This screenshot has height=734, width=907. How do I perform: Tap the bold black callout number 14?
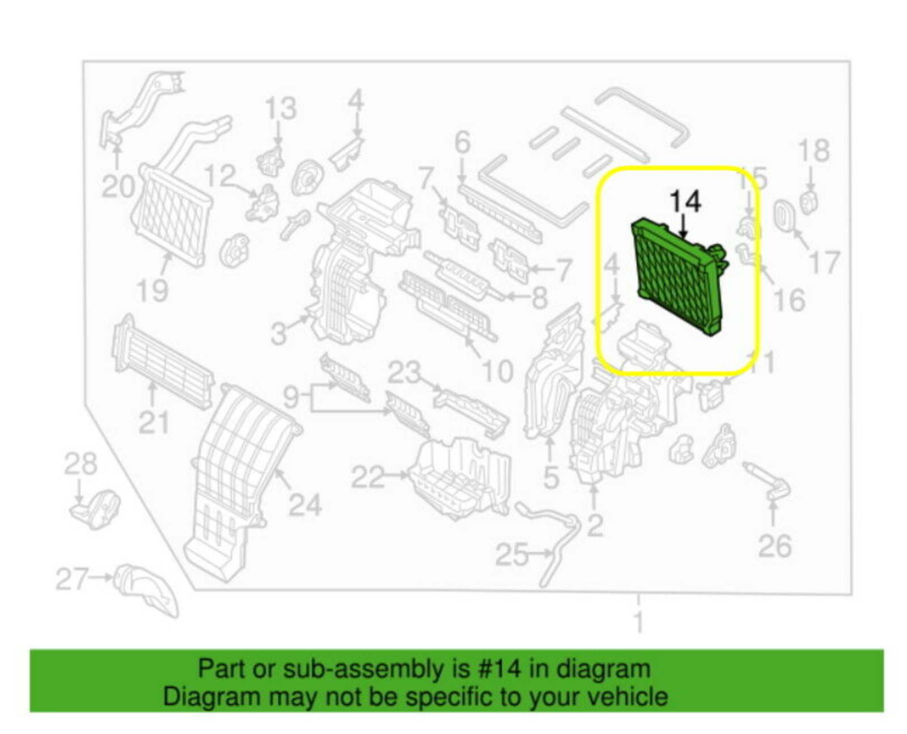point(685,201)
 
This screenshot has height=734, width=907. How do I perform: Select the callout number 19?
point(152,290)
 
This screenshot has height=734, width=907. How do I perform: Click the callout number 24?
point(304,504)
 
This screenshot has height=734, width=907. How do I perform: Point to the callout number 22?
point(367,476)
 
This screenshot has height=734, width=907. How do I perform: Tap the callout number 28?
point(80,463)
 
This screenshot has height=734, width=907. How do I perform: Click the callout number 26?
point(774,546)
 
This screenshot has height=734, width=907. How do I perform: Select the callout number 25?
point(511,554)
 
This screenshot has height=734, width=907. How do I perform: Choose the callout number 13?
point(281,108)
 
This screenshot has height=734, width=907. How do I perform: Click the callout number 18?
point(813,150)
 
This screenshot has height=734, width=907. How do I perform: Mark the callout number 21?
point(154,423)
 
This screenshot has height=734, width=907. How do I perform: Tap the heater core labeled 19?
point(170,216)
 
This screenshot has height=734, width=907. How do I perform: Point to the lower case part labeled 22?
point(459,476)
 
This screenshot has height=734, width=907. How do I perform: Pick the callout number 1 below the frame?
point(638,622)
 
